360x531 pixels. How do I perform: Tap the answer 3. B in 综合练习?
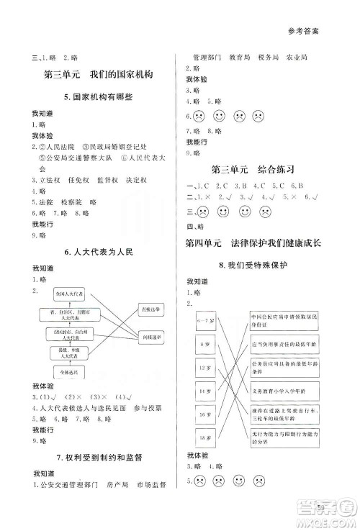(x=241, y=185)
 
